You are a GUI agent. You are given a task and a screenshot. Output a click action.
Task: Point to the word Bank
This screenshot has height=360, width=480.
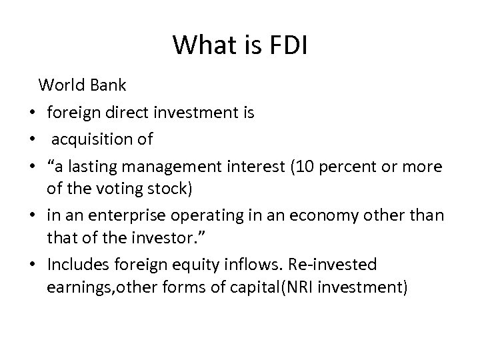pyautogui.click(x=107, y=85)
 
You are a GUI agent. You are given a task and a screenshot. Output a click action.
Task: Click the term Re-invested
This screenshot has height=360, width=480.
pyautogui.click(x=333, y=265)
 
